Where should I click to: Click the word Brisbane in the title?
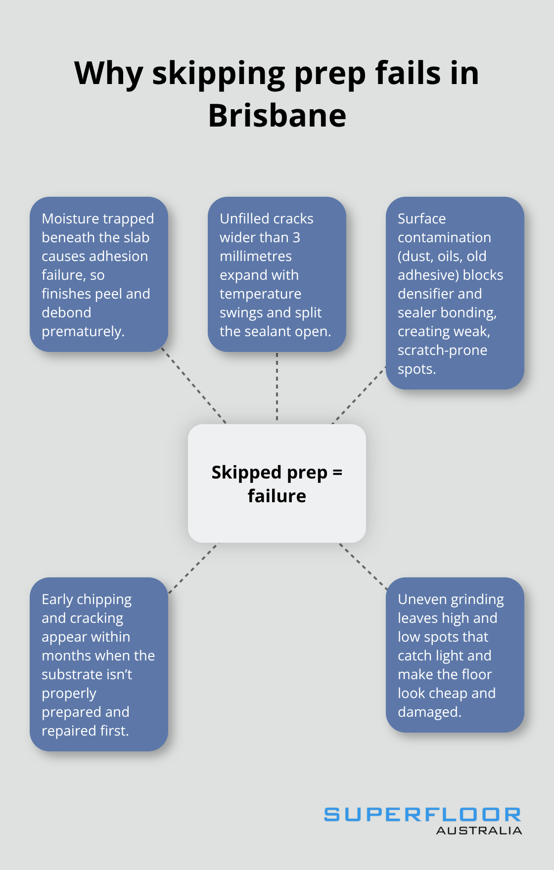point(277,116)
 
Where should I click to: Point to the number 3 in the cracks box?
point(296,237)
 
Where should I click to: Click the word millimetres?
point(256,256)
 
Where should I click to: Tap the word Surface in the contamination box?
point(421,218)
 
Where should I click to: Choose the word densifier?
point(425,294)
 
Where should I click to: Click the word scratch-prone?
point(442,350)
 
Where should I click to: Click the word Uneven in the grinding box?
point(421,599)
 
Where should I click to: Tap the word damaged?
point(428,712)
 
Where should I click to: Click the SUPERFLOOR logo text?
point(422,815)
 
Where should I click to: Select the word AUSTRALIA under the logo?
point(479,831)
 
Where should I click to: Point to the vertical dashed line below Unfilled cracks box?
point(277,387)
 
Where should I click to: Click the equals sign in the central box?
point(337,473)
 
